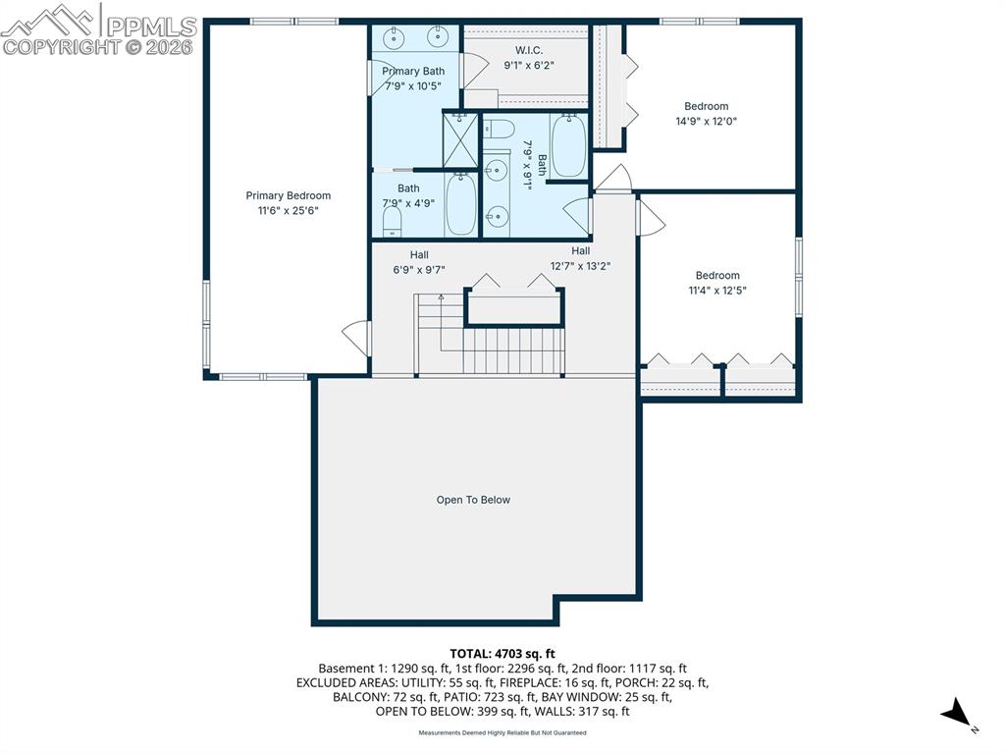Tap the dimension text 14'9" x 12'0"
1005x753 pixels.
[705, 122]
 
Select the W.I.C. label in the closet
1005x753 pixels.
[523, 50]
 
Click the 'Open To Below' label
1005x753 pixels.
[473, 500]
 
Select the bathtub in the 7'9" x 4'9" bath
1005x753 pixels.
[460, 204]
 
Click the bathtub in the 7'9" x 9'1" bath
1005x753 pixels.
[567, 145]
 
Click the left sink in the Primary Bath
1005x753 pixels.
[393, 37]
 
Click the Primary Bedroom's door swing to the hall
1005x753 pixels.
[355, 338]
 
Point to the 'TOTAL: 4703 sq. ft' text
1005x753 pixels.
[502, 653]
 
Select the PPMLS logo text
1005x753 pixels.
[151, 26]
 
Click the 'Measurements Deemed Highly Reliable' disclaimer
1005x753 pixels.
[502, 733]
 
